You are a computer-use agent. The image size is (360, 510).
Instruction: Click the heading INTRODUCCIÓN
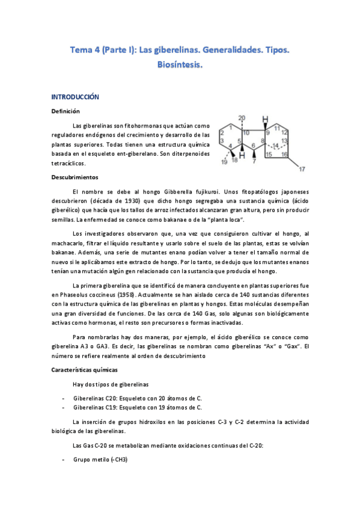75,96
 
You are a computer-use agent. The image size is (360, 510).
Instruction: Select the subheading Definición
66,111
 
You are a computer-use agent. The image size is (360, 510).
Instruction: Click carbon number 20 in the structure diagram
242,117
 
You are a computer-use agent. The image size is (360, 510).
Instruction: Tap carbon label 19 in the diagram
224,161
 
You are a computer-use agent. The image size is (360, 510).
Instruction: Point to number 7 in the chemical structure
255,161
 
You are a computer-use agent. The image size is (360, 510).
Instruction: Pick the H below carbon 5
242,157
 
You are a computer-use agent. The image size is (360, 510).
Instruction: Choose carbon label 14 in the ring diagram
276,146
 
